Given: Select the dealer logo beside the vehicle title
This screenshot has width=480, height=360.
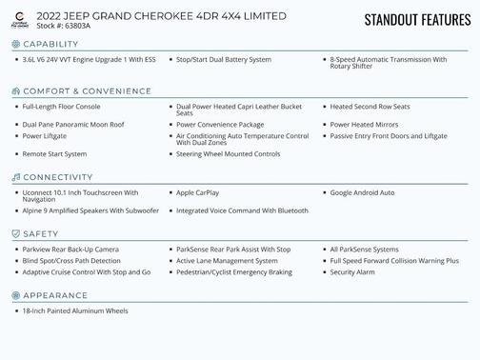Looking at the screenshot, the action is [19, 20].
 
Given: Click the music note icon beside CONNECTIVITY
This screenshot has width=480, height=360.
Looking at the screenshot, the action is [15, 178].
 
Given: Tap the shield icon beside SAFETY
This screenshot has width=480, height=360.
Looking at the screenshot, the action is [15, 234].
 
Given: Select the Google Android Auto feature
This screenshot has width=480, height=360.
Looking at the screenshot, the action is [362, 192].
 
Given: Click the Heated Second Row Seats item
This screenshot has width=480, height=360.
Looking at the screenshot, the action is [370, 107].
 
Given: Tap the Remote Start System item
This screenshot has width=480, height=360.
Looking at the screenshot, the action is [54, 153].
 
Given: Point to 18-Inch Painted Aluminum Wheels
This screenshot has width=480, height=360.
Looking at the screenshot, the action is [74, 310].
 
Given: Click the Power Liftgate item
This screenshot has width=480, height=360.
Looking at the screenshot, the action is [45, 136].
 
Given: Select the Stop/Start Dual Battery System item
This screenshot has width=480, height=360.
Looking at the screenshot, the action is [224, 60].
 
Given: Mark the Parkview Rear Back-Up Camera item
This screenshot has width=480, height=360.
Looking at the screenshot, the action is [70, 250].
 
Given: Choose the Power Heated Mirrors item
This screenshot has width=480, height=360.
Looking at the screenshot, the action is [364, 125].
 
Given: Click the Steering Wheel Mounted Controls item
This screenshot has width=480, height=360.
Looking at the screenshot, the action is [228, 153].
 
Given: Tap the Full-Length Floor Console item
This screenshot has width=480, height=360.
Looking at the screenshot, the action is [61, 107].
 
